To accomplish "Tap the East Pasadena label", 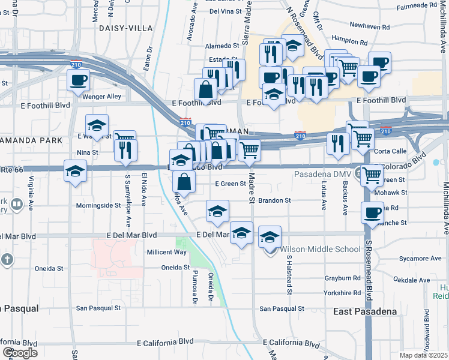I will pos(365,311).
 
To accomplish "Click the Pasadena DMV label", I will pos(324,175).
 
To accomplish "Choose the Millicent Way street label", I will pos(167,252).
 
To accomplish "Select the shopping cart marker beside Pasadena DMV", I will pos(372,175).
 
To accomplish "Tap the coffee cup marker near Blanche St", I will pos(372,212).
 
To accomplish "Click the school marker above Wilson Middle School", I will pos(270,236).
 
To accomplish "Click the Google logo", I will pos(19,353).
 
